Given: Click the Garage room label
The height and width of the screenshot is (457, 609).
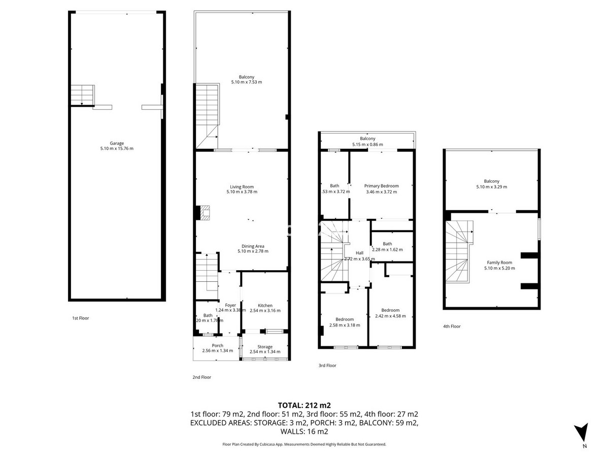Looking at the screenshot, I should tap(117, 143).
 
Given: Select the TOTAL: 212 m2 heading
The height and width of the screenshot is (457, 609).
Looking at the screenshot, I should tap(304, 405).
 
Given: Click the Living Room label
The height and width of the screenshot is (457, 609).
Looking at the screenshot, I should tap(241, 186).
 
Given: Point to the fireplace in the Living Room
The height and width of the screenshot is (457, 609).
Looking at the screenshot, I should tap(205, 212).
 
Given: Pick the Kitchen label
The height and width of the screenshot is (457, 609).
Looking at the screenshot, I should tap(265, 305).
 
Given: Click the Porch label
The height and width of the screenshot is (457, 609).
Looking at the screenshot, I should tap(217, 346).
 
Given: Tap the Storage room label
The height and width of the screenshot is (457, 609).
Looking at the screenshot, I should tap(265, 347).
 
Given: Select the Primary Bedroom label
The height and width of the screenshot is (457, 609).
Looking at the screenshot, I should tap(382, 186).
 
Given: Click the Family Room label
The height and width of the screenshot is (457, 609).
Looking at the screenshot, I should tap(498, 263).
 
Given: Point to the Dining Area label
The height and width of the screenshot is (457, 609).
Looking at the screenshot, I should tap(253, 246).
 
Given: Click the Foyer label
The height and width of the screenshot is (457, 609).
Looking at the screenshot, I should tap(230, 305).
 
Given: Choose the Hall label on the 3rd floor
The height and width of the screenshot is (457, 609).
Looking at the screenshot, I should tap(359, 253).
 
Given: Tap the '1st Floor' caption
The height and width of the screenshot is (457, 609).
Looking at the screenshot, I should tap(80, 318).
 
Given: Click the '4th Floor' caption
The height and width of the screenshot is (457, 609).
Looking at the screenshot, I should tap(452, 327).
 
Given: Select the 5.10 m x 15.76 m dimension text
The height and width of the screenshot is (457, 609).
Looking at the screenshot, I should tap(117, 148).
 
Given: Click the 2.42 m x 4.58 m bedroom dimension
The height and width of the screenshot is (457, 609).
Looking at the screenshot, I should tap(390, 316).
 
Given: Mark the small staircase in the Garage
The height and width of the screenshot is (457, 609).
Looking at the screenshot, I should tap(82, 95).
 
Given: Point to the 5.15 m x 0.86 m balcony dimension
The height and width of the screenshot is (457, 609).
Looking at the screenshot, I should tap(367, 145).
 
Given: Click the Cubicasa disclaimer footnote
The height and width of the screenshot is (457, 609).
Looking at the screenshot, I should tap(304, 444).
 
